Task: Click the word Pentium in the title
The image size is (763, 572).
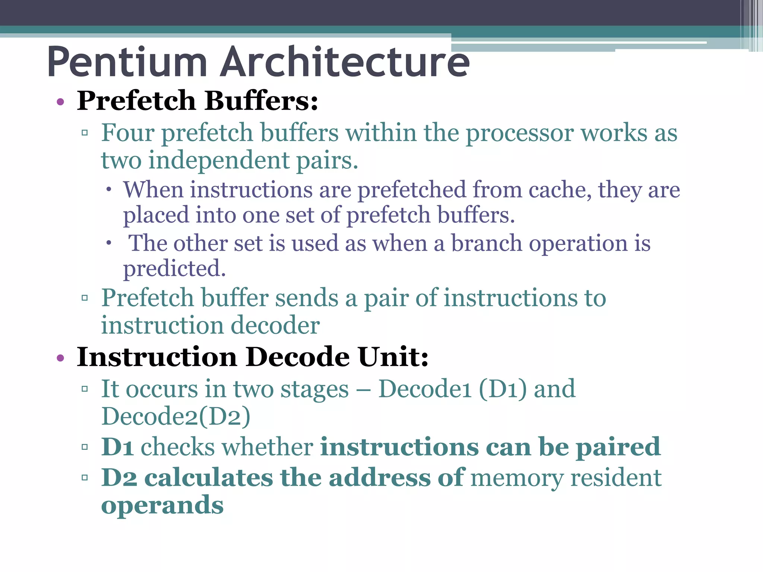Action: click(127, 62)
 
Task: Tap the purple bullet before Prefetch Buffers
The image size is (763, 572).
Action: click(60, 102)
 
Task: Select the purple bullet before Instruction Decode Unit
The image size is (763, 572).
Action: click(60, 358)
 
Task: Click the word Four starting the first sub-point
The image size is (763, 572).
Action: click(127, 133)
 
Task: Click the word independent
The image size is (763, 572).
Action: click(219, 161)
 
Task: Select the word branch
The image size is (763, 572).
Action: click(487, 244)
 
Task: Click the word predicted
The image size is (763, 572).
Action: click(174, 269)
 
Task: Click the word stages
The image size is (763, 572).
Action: click(314, 390)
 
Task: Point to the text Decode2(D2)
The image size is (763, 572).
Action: click(176, 416)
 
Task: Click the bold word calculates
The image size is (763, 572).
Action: click(209, 478)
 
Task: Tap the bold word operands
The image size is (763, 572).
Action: click(162, 506)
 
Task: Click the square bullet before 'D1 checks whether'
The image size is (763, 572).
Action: click(85, 447)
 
